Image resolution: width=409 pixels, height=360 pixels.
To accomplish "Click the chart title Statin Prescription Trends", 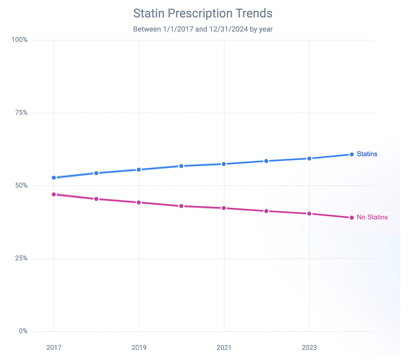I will click(x=203, y=13).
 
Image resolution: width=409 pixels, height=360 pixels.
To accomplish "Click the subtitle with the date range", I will click(x=203, y=29).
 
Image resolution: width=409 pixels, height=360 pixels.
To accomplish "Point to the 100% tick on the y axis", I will click(x=20, y=40).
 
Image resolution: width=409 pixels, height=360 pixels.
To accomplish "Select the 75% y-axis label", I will click(x=21, y=113).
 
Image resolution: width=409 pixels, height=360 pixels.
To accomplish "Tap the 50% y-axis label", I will click(x=21, y=185).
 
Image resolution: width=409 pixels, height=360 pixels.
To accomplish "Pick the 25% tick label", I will click(x=21, y=258).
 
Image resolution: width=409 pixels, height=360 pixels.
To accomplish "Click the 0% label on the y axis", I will click(x=23, y=331).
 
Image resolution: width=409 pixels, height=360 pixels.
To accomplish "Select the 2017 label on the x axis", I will click(x=54, y=348).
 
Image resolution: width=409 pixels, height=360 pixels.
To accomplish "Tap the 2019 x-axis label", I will click(x=139, y=348).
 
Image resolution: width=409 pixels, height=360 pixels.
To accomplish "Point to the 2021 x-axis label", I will click(x=224, y=348).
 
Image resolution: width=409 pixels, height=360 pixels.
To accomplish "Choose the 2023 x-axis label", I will click(x=309, y=348).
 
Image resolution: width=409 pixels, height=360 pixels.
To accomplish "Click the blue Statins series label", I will click(x=367, y=154).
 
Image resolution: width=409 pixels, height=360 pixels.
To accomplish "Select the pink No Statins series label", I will click(x=372, y=217).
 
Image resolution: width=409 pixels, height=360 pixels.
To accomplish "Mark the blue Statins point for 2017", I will click(x=54, y=178).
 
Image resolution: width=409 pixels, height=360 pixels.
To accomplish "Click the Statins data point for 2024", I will click(x=352, y=154).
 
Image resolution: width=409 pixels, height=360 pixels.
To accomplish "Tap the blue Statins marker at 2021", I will click(x=224, y=164).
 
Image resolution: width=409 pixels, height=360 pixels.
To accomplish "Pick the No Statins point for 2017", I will click(x=54, y=194).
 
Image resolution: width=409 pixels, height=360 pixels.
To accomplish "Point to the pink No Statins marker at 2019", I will click(x=139, y=202).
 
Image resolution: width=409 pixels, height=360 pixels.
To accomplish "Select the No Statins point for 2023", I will click(x=309, y=214).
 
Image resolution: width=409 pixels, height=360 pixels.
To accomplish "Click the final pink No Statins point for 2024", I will click(x=352, y=218).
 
